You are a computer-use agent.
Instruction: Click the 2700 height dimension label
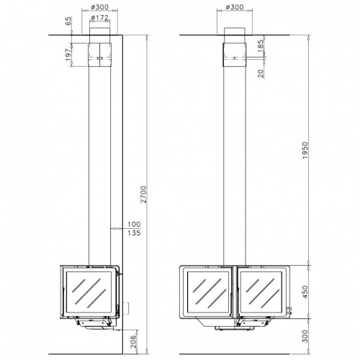[143, 194]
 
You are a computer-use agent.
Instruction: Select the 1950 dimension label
[305, 150]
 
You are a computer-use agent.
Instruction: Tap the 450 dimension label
[305, 292]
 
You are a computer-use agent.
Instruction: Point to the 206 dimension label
[133, 341]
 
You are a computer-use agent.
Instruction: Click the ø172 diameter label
[100, 17]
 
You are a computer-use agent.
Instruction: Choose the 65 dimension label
[68, 21]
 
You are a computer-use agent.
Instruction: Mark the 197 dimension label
[68, 55]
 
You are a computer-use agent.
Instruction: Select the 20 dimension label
[261, 73]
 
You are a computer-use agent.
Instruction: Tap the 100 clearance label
[134, 225]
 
